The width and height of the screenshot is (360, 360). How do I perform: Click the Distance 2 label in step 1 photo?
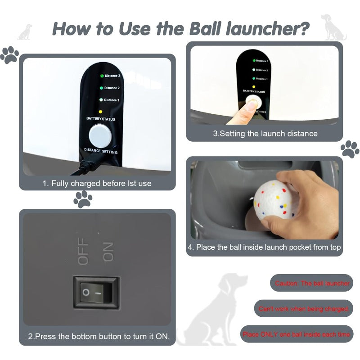112,88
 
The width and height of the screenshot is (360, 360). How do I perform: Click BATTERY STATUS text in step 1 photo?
101,119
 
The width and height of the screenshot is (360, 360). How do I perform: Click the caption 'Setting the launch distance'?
265,134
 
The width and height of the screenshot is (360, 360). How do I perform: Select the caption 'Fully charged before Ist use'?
97,183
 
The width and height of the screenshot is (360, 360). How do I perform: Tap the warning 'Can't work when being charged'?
304,309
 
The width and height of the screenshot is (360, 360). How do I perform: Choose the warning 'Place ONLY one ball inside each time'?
296,334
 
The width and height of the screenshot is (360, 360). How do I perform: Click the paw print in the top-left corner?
9,55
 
